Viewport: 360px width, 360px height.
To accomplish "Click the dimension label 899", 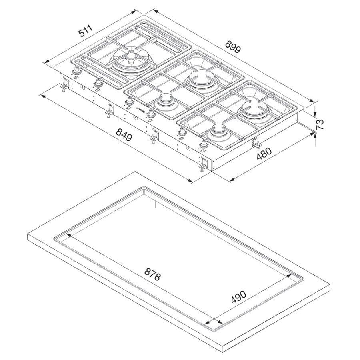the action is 233,46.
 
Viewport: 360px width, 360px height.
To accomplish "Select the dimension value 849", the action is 124,135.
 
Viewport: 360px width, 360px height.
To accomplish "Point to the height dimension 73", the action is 319,124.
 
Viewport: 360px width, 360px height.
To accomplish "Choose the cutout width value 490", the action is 238,297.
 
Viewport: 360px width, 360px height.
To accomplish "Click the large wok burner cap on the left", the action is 131,57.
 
